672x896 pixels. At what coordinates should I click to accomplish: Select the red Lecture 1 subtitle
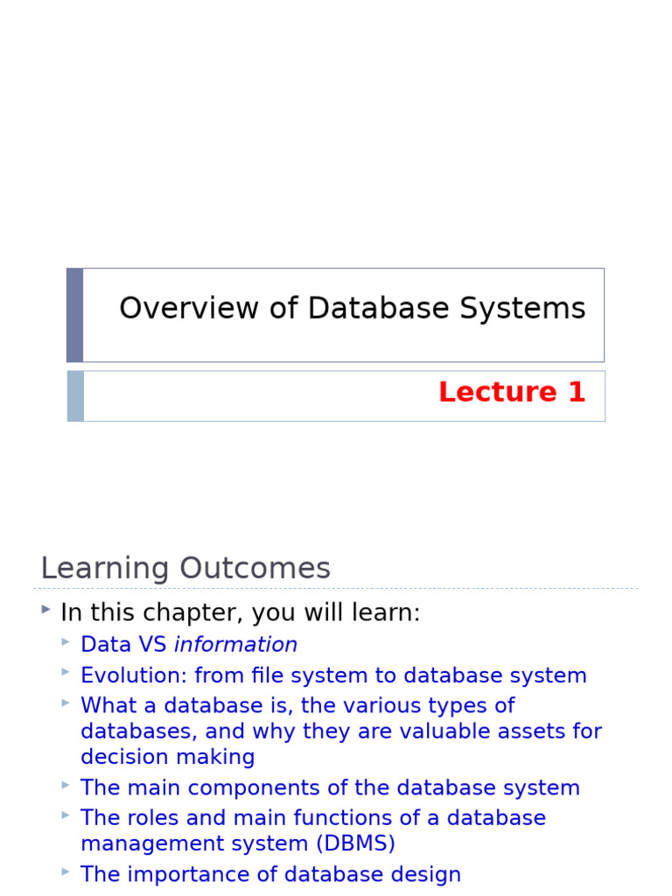511,393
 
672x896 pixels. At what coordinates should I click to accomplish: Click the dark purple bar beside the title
75,315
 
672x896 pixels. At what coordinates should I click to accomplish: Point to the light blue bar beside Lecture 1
75,396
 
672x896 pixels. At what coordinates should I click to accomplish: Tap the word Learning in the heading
104,569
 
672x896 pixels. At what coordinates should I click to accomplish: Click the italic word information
235,645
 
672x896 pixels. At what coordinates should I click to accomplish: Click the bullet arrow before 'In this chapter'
45,610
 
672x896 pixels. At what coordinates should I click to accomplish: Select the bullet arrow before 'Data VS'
66,642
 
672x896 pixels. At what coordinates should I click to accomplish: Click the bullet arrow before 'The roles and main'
66,815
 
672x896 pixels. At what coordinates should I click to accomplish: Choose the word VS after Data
148,645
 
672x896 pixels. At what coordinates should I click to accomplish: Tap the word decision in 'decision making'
120,757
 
